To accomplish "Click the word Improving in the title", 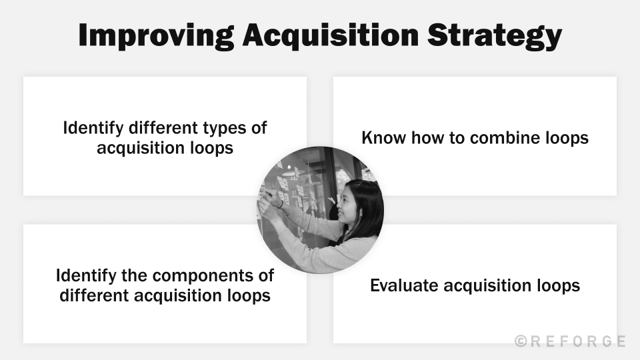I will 154,37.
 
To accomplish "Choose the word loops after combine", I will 567,138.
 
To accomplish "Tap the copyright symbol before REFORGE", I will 521,341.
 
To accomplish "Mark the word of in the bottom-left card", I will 265,275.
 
